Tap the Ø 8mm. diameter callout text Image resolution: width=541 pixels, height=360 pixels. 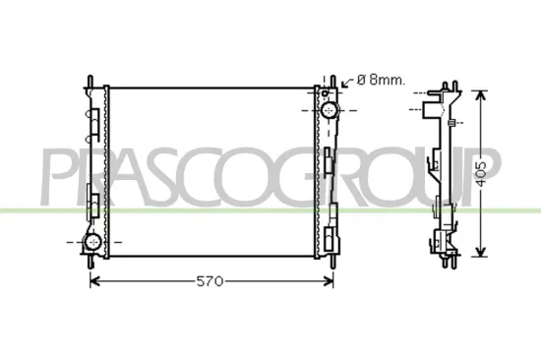[378, 80]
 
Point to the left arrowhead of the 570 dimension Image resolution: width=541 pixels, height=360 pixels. [94, 281]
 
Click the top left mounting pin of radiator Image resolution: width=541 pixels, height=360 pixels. [90, 78]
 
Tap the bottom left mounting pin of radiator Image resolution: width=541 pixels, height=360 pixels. [90, 263]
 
